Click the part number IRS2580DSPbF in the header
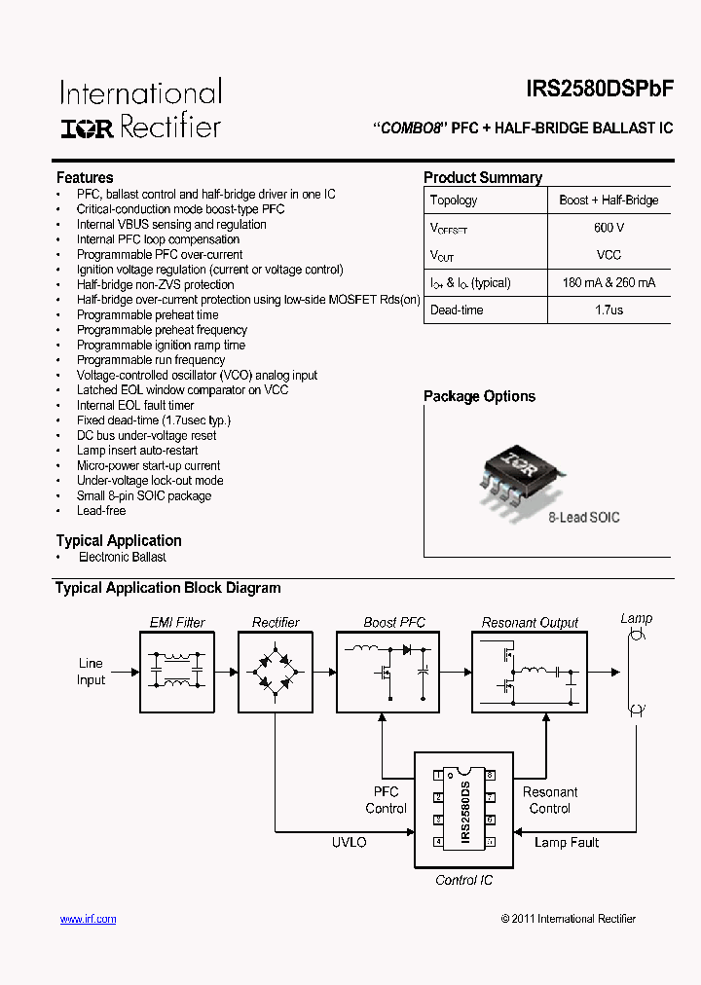tap(600, 89)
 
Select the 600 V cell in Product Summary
tap(609, 228)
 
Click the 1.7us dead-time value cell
tap(609, 310)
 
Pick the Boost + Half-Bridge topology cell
tap(609, 201)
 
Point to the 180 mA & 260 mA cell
tap(609, 283)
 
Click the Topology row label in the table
tap(455, 201)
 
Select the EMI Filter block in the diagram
tap(177, 672)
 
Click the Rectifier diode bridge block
tap(276, 672)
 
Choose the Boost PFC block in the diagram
tap(394, 672)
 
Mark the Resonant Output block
tap(530, 672)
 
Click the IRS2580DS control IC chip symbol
tap(464, 810)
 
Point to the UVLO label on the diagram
tap(349, 842)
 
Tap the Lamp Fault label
tap(567, 842)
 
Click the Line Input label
tap(91, 672)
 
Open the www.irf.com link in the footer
tap(88, 919)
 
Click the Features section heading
tap(85, 177)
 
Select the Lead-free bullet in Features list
tap(101, 510)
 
